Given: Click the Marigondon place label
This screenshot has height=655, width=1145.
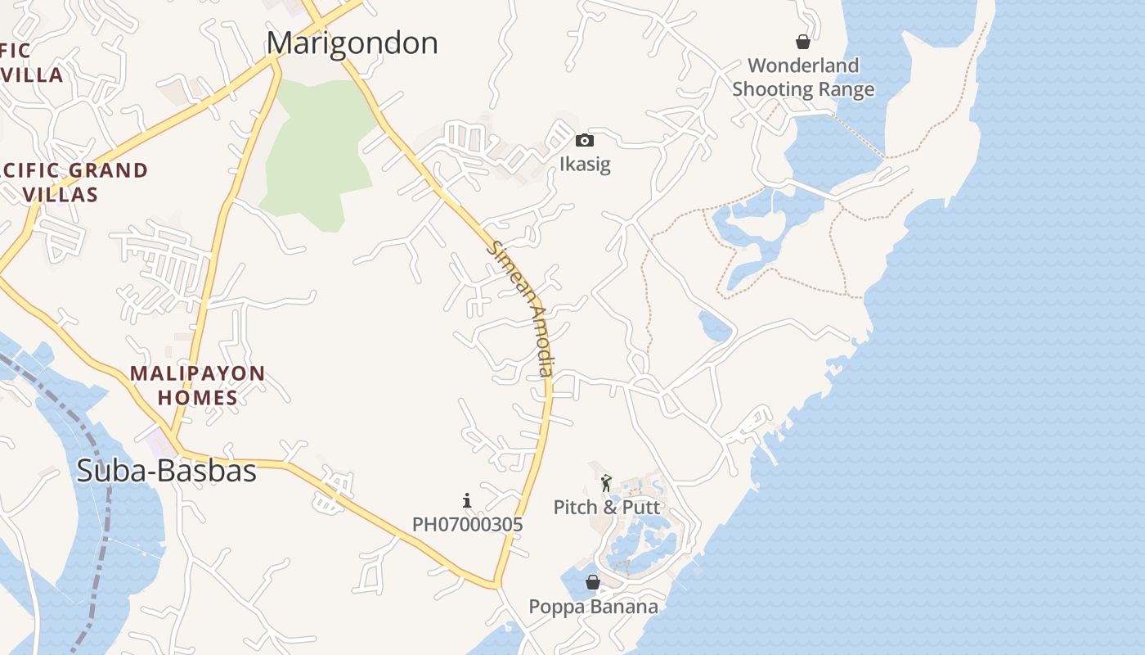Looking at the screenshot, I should (x=352, y=43).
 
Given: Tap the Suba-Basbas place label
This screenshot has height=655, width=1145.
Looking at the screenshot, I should (x=166, y=471).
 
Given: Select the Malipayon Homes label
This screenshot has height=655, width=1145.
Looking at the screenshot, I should (x=198, y=386).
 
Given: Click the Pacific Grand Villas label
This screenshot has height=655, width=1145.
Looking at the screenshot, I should (x=74, y=183).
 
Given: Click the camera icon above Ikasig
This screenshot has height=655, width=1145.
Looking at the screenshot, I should (x=584, y=141).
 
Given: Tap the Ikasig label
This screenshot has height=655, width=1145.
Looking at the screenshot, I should (x=585, y=165).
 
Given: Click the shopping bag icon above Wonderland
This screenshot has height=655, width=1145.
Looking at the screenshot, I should (x=803, y=42).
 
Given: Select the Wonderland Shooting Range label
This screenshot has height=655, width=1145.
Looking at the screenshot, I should (x=803, y=78).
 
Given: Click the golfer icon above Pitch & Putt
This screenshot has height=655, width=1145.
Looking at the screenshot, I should (x=606, y=483).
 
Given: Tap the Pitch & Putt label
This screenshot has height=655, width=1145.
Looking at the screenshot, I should (x=606, y=507).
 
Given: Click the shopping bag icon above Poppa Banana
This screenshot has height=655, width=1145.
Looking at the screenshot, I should (x=593, y=582).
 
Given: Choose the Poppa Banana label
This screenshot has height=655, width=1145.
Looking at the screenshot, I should (x=593, y=607).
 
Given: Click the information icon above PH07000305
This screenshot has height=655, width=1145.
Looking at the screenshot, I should (x=467, y=500).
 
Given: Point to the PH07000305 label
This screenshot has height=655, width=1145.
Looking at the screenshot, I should (x=467, y=524).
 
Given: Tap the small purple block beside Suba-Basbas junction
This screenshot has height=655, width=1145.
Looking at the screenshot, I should (x=159, y=442).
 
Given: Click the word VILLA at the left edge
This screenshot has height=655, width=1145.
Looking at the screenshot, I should (x=33, y=75).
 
